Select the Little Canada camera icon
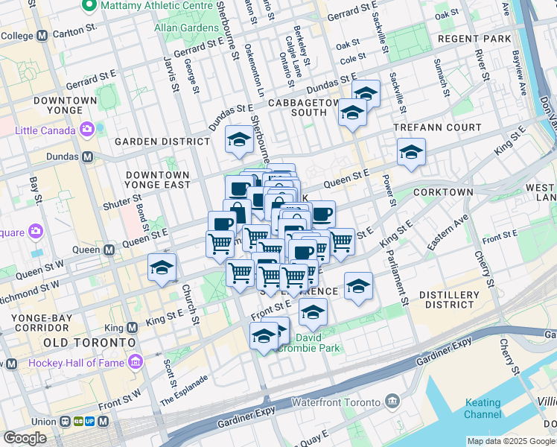click(x=88, y=130)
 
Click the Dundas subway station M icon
click(x=87, y=157)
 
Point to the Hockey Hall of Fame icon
click(x=135, y=363)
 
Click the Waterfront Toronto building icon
click(x=392, y=402)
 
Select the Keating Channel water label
click(x=483, y=408)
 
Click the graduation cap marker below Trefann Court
click(x=410, y=152)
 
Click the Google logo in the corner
click(x=25, y=438)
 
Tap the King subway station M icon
click(x=132, y=327)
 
